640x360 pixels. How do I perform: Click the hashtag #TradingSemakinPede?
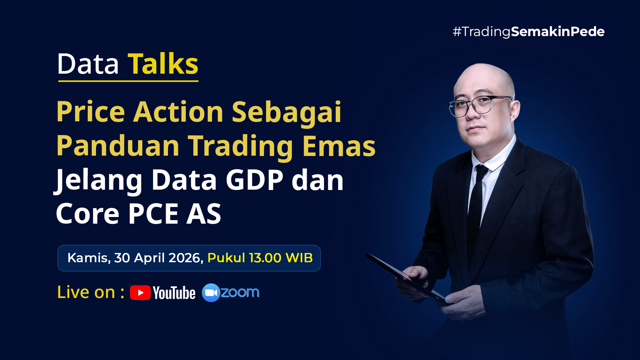(529, 32)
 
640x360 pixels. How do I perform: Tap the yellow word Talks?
(163, 64)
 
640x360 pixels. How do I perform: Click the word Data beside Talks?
(88, 64)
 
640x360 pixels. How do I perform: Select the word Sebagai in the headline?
(287, 112)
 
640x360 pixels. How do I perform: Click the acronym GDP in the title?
(254, 180)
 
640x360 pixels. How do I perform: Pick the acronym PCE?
(153, 214)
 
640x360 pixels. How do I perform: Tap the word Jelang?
(99, 181)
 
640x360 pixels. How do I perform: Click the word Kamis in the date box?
(88, 258)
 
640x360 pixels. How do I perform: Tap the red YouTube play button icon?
(140, 293)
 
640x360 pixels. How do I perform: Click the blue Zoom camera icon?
(211, 293)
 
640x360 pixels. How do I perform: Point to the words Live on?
(86, 292)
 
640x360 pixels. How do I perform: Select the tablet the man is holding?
(405, 276)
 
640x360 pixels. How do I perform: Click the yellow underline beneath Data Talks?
(128, 81)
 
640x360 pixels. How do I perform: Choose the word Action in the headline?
(178, 112)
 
